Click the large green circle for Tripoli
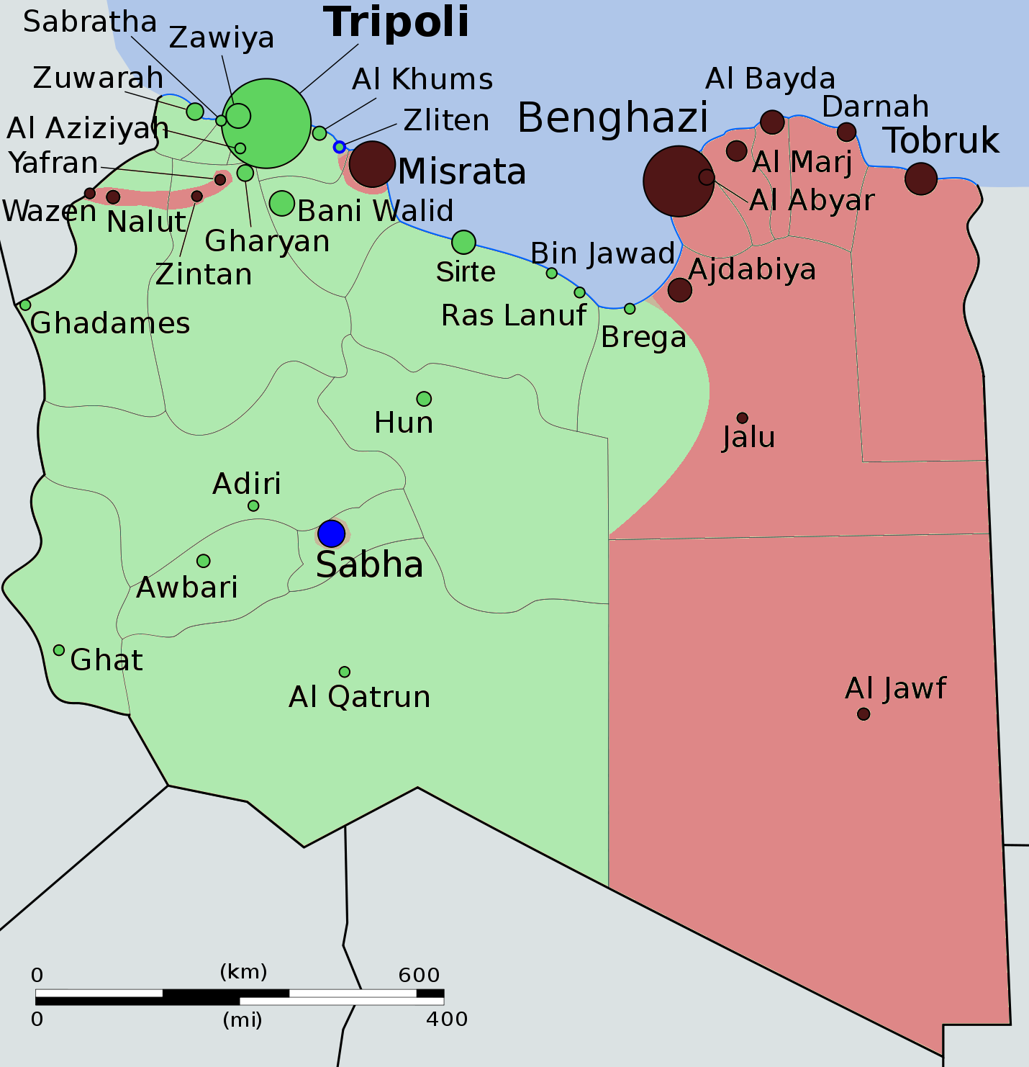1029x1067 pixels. click(x=266, y=123)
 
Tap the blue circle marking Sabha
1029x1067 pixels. click(x=331, y=533)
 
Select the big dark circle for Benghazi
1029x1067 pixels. click(x=679, y=181)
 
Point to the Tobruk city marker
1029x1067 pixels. click(x=921, y=178)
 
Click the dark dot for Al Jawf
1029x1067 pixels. click(x=863, y=714)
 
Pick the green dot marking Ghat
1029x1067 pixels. click(x=59, y=650)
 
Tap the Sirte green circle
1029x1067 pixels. click(x=464, y=242)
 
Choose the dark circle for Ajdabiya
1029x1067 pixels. click(x=680, y=289)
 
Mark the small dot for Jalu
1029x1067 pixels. click(x=743, y=418)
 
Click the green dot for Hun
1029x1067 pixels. click(x=424, y=399)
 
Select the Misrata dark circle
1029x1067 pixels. click(x=372, y=164)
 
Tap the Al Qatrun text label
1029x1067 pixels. click(x=360, y=697)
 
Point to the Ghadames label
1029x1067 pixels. click(x=110, y=323)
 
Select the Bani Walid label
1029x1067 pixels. click(x=375, y=211)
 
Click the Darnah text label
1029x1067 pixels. click(x=875, y=107)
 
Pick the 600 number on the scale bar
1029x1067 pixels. click(x=419, y=975)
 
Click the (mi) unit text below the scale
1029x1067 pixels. click(x=242, y=1019)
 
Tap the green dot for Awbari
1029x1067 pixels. click(x=204, y=561)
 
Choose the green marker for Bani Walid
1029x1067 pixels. click(x=282, y=203)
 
